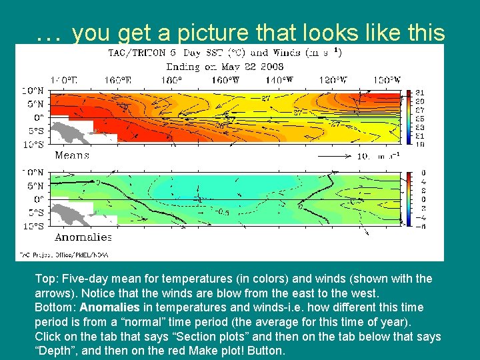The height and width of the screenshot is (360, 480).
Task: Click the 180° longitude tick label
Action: coord(171,80)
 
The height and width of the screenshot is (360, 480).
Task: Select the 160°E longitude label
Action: coord(117,80)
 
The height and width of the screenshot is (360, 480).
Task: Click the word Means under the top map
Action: coord(72,155)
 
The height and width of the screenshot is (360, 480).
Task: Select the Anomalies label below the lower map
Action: coord(83,237)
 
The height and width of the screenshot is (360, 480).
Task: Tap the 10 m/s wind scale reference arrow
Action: coord(337,156)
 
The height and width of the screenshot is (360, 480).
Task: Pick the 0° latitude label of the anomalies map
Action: coord(39,199)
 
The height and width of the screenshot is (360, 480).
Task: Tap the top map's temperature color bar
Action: coord(405,117)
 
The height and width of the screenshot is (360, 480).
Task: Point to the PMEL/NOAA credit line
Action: coord(63,255)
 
